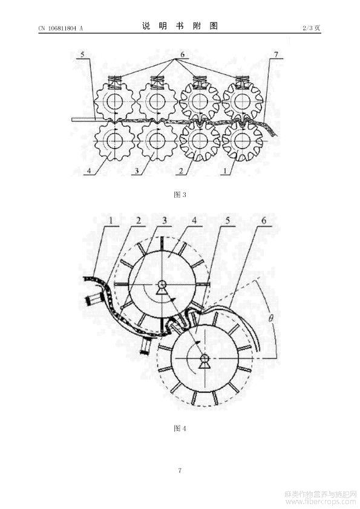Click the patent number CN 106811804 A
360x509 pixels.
(x=61, y=28)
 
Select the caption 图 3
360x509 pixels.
(x=180, y=195)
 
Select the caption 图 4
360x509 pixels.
(x=180, y=428)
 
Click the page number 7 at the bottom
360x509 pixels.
(x=180, y=470)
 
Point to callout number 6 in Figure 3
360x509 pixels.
(x=182, y=54)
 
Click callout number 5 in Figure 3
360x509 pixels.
(x=82, y=54)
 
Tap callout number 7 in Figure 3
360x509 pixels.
(x=276, y=54)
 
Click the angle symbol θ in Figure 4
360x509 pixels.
(x=270, y=317)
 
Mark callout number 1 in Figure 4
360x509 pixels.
(x=111, y=221)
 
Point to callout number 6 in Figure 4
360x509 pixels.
(x=264, y=221)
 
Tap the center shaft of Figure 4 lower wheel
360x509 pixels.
(x=205, y=358)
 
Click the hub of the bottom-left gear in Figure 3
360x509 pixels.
(x=114, y=141)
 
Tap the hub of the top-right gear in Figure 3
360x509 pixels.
(x=243, y=102)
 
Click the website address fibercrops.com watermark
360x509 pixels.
(x=321, y=502)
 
